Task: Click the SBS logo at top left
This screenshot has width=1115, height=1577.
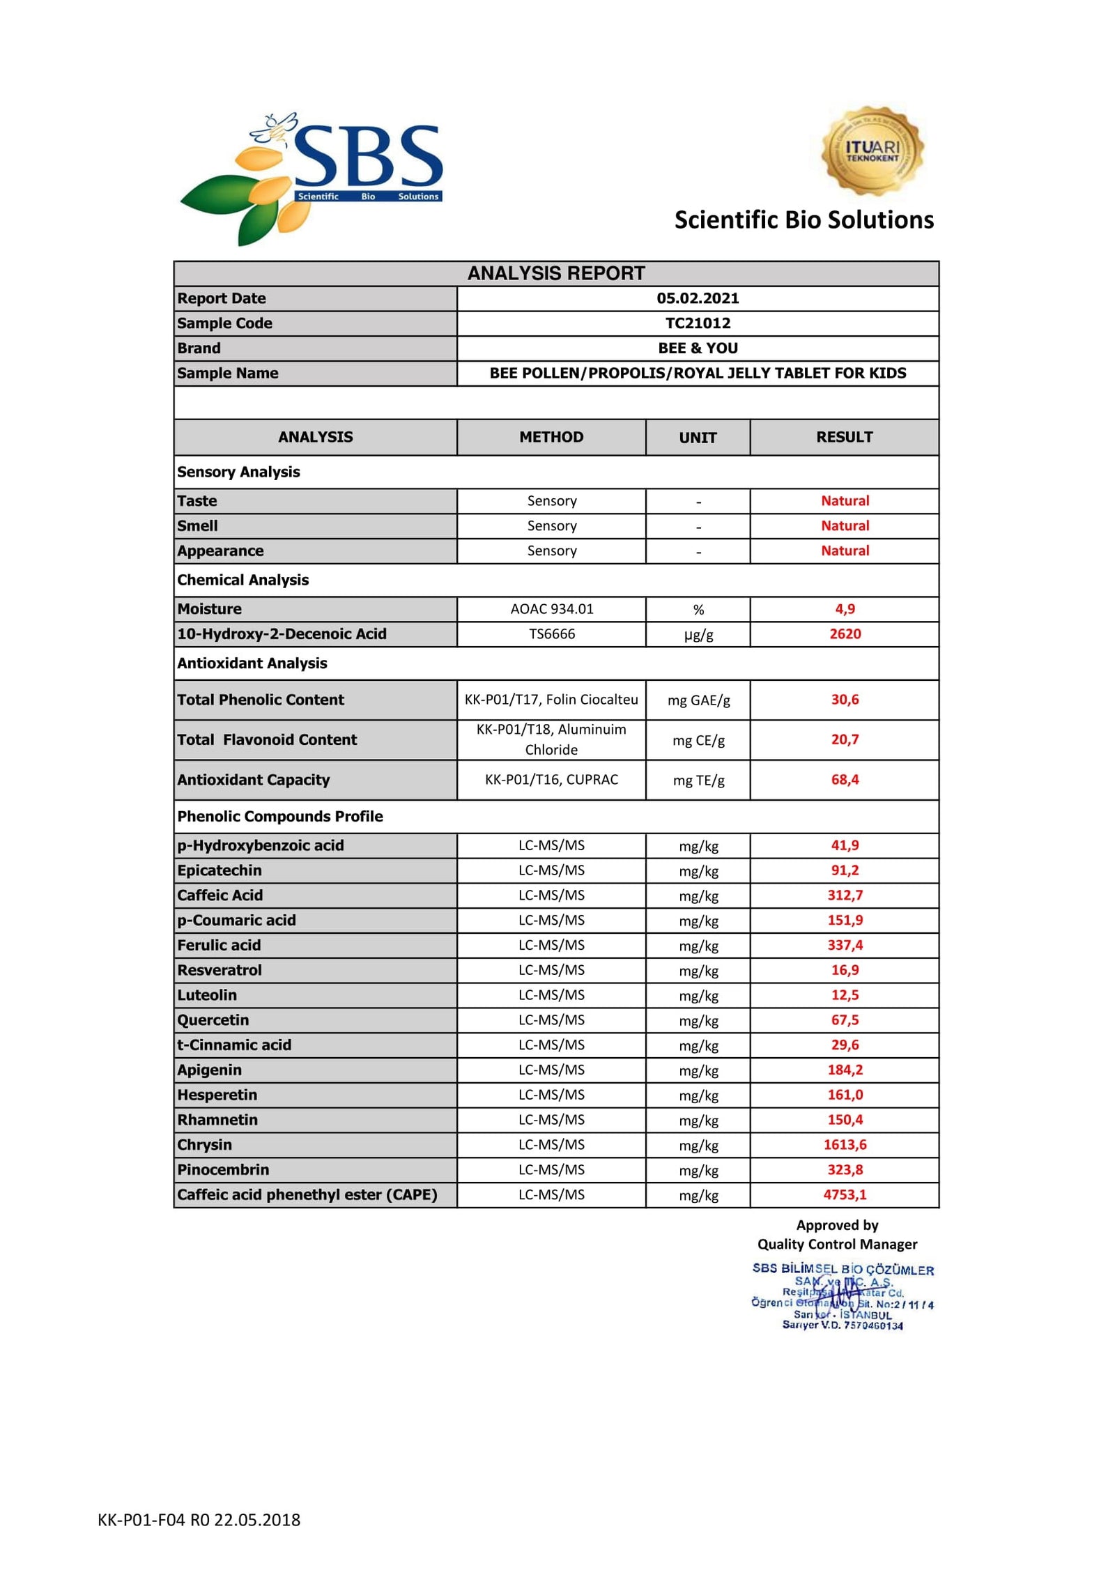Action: (x=312, y=178)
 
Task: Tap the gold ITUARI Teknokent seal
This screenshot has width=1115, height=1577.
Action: (x=872, y=151)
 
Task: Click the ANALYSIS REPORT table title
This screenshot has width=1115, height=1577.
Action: (x=555, y=273)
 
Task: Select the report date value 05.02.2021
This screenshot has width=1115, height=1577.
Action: (x=698, y=298)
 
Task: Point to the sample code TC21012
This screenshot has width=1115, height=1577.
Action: (x=698, y=323)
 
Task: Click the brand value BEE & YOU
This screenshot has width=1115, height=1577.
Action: (x=698, y=348)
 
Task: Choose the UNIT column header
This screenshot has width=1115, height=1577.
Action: (x=698, y=438)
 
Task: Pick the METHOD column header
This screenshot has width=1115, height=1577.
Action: (x=551, y=437)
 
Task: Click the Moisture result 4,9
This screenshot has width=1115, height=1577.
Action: (x=845, y=609)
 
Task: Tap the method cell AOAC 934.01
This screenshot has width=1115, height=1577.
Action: (x=551, y=609)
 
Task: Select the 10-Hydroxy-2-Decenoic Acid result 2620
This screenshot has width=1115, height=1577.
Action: (x=845, y=634)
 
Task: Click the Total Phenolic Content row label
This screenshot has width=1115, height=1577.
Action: (x=261, y=700)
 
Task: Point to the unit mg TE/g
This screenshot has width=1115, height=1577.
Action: (x=698, y=780)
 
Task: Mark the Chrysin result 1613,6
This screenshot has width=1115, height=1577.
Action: (x=845, y=1145)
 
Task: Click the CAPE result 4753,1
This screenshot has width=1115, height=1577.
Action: (x=845, y=1195)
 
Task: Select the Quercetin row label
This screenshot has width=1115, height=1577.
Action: (x=213, y=1020)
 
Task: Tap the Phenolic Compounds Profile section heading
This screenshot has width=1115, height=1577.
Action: (x=280, y=817)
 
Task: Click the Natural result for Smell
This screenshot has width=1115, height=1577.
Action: (x=845, y=526)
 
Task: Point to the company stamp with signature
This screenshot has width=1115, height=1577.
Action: (x=843, y=1297)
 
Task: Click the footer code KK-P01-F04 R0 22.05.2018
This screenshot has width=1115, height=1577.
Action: (x=199, y=1520)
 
